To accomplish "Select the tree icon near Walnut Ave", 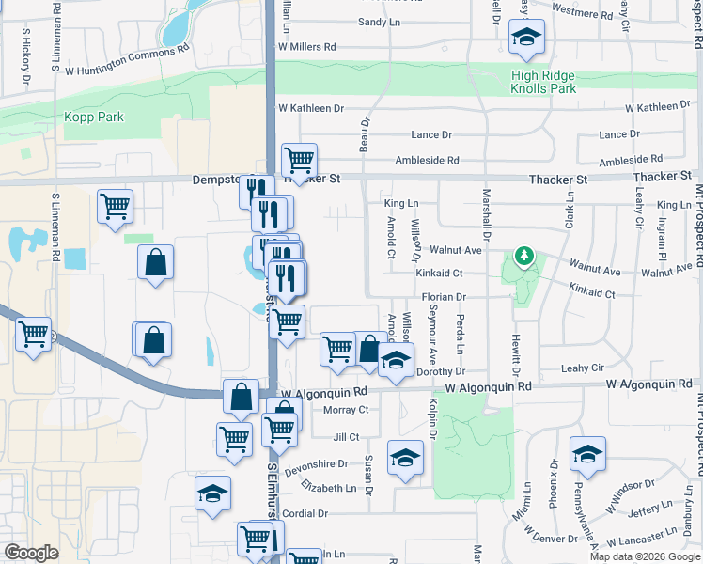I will [523, 257].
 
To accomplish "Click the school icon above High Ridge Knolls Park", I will [527, 38].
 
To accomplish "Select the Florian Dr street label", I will [444, 297].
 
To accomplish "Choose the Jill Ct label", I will [346, 437].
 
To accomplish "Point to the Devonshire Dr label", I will [323, 464].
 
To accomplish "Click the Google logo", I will [31, 553].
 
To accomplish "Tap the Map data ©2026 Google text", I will [645, 556].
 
